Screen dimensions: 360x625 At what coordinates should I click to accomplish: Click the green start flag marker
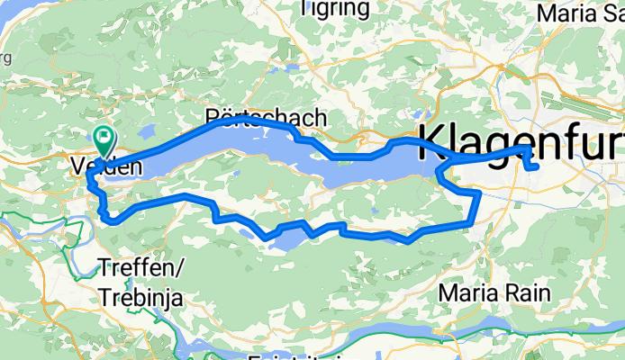pyautogui.click(x=104, y=139)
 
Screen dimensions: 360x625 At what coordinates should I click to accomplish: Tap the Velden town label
pyautogui.click(x=106, y=166)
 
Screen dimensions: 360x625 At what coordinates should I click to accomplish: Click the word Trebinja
pyautogui.click(x=142, y=296)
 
